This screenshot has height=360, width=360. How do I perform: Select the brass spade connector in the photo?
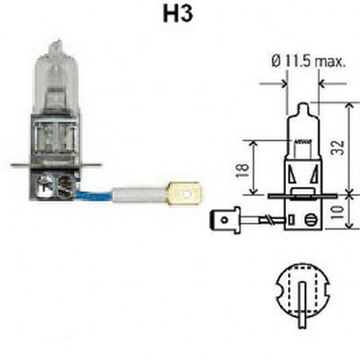[x=183, y=194]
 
